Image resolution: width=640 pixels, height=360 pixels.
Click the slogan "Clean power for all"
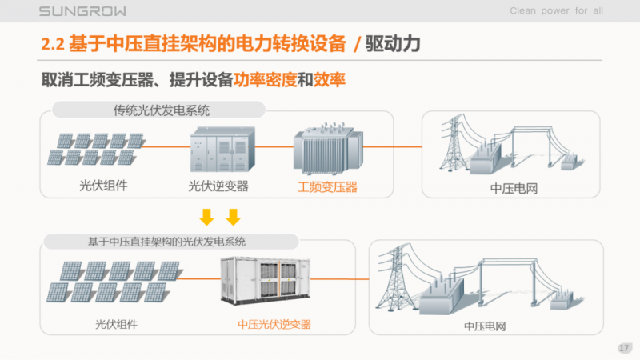point(556,10)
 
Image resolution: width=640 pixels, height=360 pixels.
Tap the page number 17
point(625,347)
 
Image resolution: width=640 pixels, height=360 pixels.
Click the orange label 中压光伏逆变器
point(274,324)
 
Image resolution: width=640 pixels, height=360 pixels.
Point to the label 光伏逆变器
point(218,186)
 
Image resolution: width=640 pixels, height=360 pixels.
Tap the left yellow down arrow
point(206,217)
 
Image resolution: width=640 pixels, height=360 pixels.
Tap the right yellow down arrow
point(233,217)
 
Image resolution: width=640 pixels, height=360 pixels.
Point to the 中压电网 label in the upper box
point(511,189)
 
